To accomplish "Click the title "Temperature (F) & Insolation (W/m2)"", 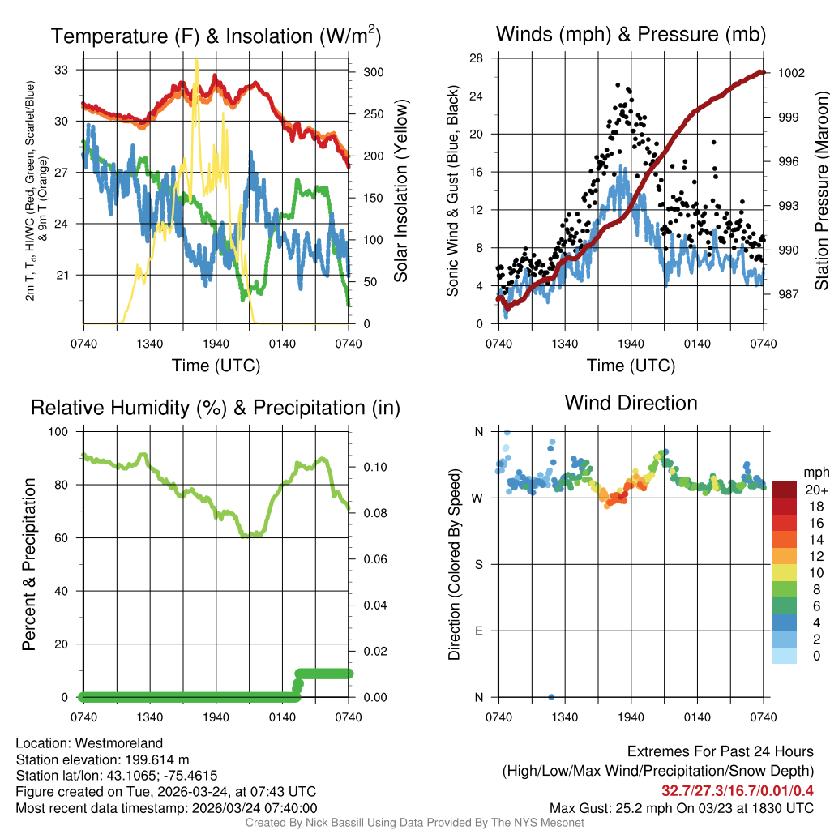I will coord(215,36).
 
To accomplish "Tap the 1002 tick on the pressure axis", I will coord(790,73).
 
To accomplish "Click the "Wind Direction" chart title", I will coord(631,403).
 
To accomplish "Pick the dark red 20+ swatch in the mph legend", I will coord(785,490).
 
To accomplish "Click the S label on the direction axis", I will coord(478,564).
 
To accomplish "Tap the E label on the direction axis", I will coord(478,631).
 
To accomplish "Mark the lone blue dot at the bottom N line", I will coord(551,697).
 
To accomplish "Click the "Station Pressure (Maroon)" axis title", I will coord(820,190).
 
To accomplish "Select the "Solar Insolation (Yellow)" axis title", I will coord(400,190).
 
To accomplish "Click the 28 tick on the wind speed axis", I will coord(477,58).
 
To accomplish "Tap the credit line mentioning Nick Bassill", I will coord(415,823).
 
